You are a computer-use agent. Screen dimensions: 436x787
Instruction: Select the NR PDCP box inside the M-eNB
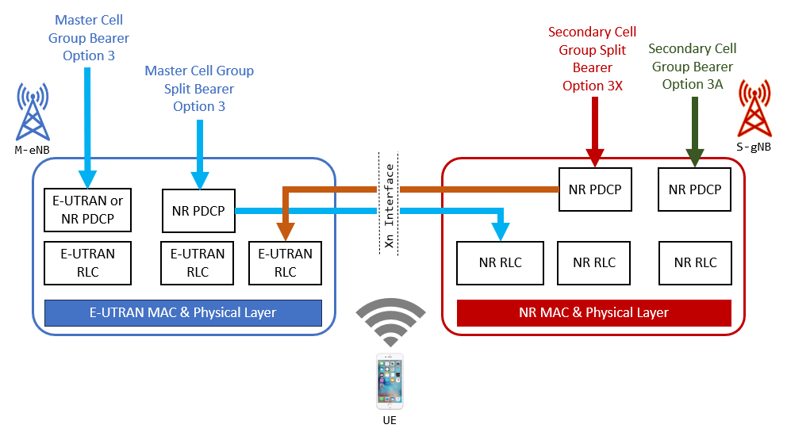click(198, 211)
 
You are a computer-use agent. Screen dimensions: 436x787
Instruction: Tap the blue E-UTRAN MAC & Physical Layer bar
click(183, 312)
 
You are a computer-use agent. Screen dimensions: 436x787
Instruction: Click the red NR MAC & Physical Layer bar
click(593, 312)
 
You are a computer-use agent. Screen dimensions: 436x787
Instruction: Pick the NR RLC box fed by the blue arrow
click(500, 262)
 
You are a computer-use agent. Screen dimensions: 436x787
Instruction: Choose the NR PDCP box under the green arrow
click(695, 189)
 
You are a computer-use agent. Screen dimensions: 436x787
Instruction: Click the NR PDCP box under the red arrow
click(594, 189)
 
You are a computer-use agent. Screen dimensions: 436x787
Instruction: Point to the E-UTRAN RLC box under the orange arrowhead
click(286, 262)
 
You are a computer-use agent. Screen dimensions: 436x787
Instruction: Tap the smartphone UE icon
click(390, 381)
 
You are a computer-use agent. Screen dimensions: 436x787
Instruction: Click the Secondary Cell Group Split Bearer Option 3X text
click(593, 59)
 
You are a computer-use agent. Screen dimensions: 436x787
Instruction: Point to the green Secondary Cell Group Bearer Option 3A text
click(693, 67)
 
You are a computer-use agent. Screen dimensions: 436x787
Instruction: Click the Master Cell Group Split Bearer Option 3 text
click(199, 89)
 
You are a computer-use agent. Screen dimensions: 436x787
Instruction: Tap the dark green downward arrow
click(695, 132)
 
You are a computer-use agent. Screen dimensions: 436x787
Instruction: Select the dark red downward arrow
click(594, 132)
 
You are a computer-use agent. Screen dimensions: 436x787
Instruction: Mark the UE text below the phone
click(390, 420)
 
